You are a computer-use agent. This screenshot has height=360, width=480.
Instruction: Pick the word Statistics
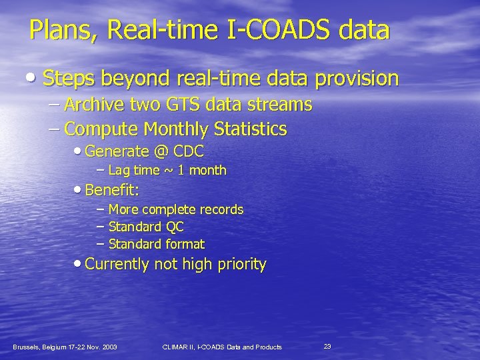click(x=255, y=128)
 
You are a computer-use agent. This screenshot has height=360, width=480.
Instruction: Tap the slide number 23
click(x=327, y=346)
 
